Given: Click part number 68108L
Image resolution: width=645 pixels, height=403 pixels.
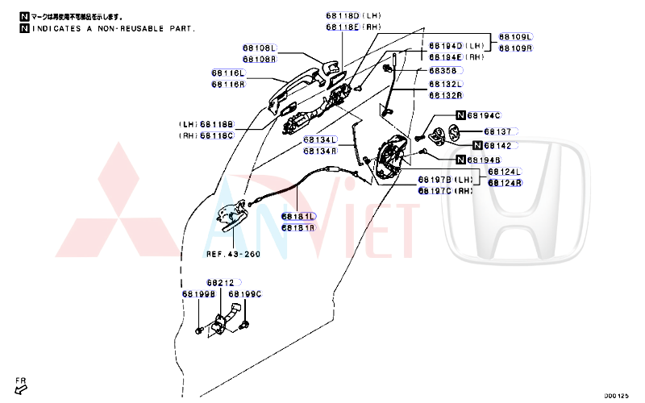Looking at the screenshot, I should [x=260, y=48].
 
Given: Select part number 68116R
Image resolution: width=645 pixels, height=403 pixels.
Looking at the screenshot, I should [x=228, y=85].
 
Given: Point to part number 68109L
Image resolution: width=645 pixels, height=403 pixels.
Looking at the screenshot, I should [x=515, y=37].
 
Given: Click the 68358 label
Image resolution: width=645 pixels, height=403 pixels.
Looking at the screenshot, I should [x=442, y=71].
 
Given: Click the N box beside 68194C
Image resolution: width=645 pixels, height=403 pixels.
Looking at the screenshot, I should [x=461, y=116].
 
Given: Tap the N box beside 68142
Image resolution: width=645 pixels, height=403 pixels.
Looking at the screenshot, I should [x=478, y=146].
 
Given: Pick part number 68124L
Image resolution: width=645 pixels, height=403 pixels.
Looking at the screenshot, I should [x=505, y=172].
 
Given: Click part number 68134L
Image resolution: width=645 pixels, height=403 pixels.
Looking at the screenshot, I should [x=320, y=140].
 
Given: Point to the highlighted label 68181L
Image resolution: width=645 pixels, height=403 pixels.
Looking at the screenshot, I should [x=298, y=217].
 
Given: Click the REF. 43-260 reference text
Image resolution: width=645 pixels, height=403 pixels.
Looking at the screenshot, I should [x=233, y=254].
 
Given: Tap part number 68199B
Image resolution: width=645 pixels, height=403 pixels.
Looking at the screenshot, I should [x=198, y=294].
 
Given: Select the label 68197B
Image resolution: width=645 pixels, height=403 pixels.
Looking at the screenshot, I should [x=435, y=179].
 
